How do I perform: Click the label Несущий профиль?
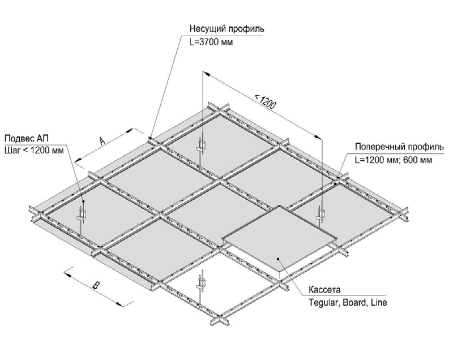(227, 29)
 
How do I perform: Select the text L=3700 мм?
(211, 42)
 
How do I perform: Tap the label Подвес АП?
(27, 138)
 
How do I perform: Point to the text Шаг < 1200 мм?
(35, 150)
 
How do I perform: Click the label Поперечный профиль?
(399, 147)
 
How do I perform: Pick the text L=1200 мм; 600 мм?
(394, 160)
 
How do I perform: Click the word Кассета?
(324, 289)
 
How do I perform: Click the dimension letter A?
(102, 141)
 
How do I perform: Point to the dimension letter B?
(96, 286)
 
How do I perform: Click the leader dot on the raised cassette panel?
(278, 259)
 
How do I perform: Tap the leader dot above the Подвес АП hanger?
(83, 201)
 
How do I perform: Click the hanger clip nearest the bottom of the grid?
(201, 283)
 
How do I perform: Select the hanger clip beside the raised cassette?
(320, 213)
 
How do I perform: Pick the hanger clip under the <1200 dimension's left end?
(202, 145)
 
